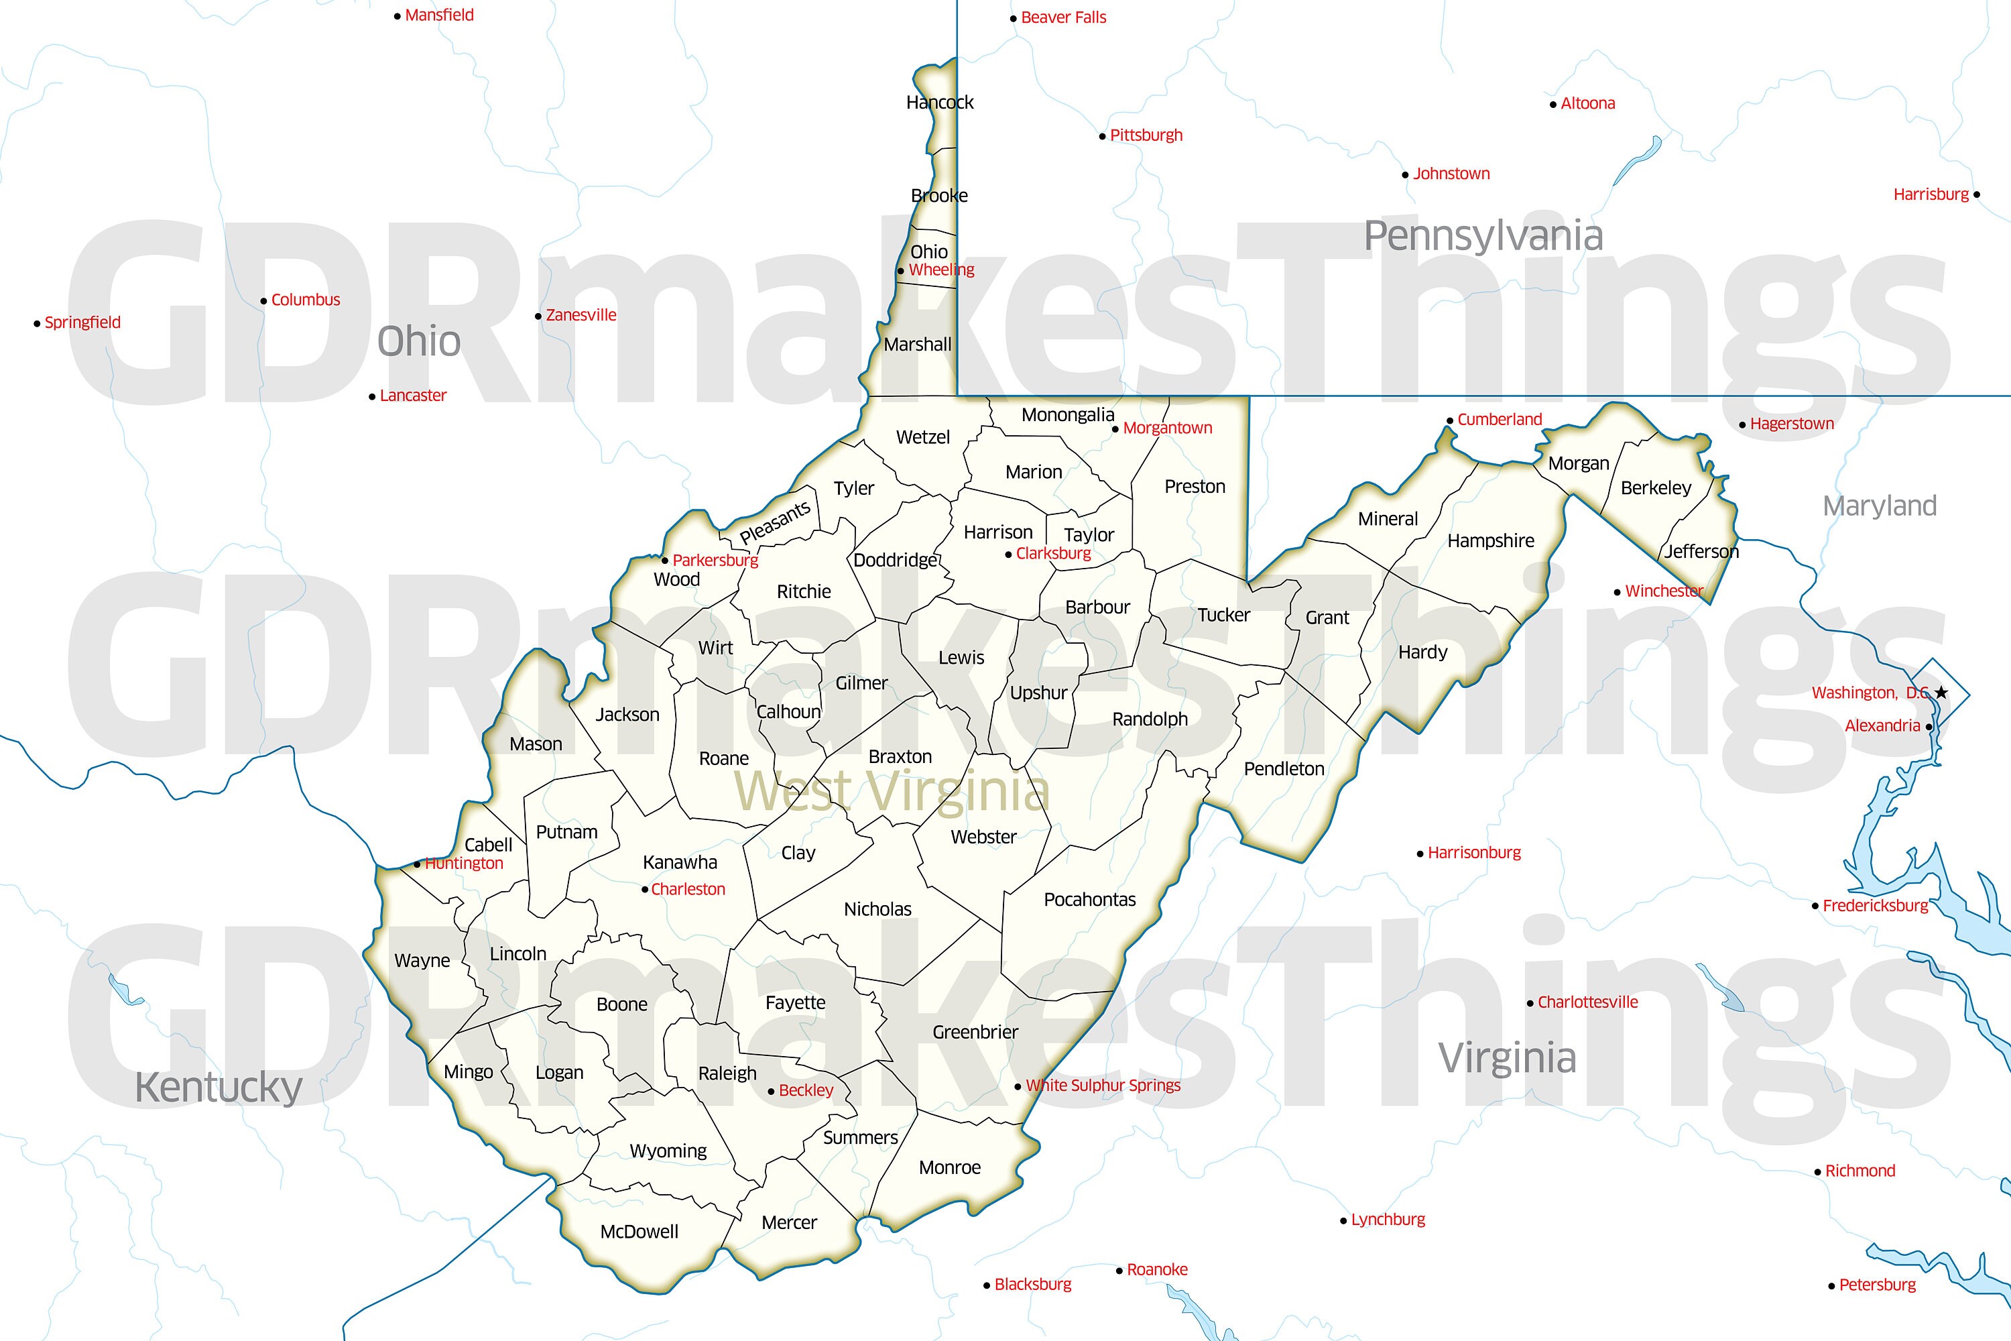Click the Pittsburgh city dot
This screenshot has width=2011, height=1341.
(1102, 137)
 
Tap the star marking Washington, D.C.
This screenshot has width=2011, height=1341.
(1942, 692)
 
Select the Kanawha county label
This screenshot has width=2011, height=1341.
(680, 862)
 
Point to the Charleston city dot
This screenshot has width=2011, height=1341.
(645, 890)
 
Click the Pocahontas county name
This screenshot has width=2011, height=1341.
(1089, 899)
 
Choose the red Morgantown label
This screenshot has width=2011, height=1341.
(1167, 428)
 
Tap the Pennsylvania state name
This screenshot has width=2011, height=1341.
(1483, 235)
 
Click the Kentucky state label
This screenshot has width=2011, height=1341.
(219, 1088)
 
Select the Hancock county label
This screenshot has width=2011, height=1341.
(940, 103)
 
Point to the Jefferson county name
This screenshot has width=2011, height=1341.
(1701, 552)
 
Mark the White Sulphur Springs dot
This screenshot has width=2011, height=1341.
(1018, 1087)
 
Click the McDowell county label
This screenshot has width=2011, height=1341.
(639, 1232)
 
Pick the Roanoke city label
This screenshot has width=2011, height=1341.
(1157, 1269)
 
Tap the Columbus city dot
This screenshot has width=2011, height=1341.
(263, 301)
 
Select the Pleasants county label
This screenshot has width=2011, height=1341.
(775, 522)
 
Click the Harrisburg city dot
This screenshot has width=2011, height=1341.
(1976, 195)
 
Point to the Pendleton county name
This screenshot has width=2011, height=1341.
(1284, 769)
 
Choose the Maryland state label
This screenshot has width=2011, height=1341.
(1880, 506)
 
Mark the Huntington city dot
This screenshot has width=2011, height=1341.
(417, 865)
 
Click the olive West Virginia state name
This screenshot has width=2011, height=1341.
(892, 791)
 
